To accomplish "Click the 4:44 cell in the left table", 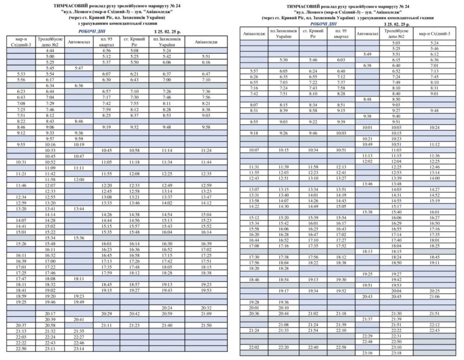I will point(50,51).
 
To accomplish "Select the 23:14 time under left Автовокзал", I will point(79,349).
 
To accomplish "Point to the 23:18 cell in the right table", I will point(396,353).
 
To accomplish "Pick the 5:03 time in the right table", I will point(396,43).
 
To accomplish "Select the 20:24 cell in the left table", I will point(167,308).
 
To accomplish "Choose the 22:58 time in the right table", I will point(341,347).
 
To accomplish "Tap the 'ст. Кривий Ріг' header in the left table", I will point(134,41).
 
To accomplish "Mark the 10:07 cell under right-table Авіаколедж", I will point(254,150).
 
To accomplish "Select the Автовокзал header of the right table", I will point(367,34).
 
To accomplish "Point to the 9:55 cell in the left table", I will point(21,145).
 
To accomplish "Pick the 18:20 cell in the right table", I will point(254,268).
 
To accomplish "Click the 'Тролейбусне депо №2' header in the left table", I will point(50,41).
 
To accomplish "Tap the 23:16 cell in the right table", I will point(367,353).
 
